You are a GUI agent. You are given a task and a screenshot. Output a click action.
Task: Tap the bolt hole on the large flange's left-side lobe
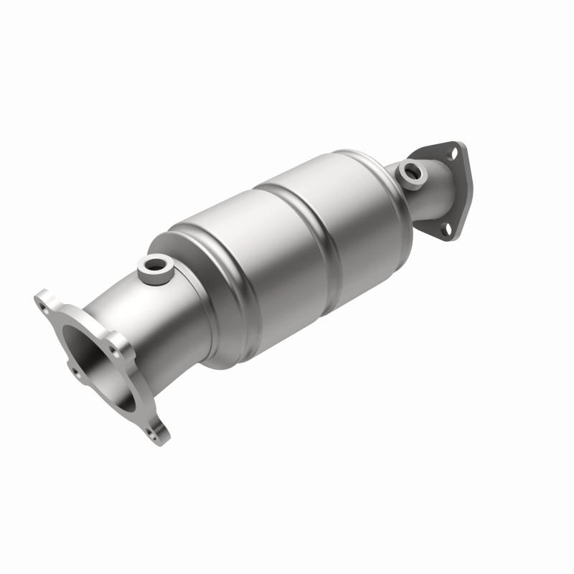coord(74,372)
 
